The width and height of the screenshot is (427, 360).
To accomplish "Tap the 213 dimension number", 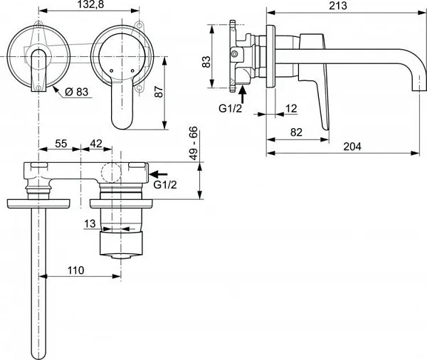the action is point(338,6).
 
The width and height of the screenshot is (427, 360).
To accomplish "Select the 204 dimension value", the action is point(352,147).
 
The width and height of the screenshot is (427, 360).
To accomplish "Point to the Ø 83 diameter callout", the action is point(77,92).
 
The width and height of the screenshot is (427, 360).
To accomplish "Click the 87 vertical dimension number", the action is point(159,92).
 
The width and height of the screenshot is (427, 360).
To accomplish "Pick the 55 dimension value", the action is point(60,144).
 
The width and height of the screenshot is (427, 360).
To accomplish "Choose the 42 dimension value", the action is point(96,144).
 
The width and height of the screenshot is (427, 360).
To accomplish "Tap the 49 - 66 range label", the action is point(194,143).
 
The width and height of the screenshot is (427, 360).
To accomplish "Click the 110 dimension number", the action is point(75,270).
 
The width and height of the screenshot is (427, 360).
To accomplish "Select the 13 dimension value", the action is point(90,223).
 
